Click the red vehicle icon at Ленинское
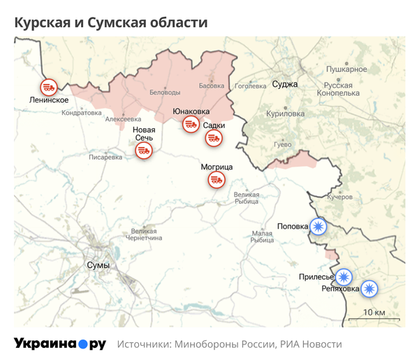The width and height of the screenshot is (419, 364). (x=48, y=87)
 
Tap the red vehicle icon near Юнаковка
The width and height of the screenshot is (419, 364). (x=189, y=125)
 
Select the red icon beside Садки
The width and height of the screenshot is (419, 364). (x=213, y=138)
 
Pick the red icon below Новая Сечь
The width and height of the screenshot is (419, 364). (x=143, y=150)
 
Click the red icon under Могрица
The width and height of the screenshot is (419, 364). (x=216, y=181)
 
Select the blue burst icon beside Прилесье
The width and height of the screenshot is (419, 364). (x=343, y=276)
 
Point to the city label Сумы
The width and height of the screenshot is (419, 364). (x=97, y=265)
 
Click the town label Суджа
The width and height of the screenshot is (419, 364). (x=285, y=84)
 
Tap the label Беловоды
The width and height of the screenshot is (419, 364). (x=165, y=92)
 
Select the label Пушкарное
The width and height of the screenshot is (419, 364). (x=346, y=69)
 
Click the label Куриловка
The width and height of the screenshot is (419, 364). (x=286, y=113)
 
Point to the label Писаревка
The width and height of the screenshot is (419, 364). (x=105, y=157)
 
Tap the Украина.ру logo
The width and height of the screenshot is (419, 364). (x=59, y=344)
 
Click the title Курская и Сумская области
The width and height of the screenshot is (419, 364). (x=111, y=22)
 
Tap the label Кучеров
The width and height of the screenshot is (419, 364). (x=339, y=197)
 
